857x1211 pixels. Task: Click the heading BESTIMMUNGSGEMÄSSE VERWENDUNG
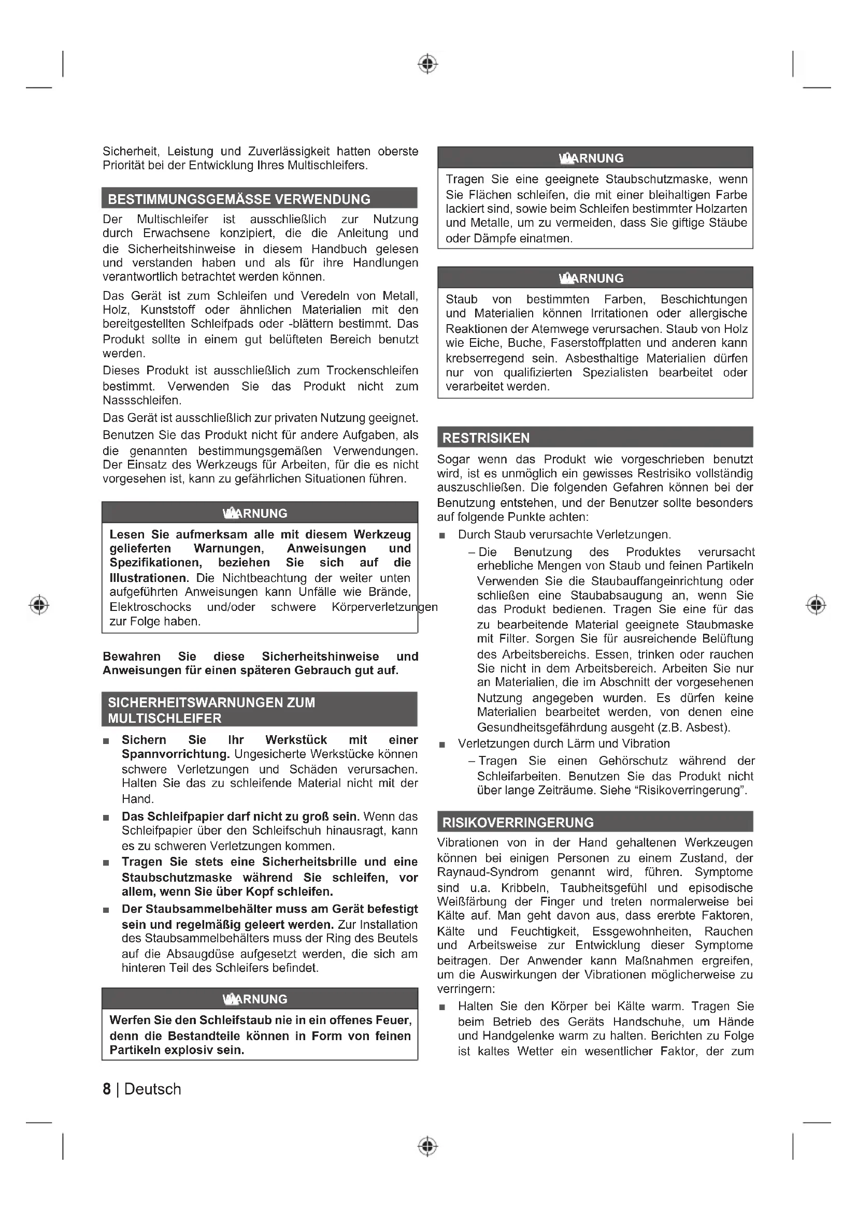pyautogui.click(x=239, y=199)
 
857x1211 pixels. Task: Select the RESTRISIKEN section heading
pyautogui.click(x=485, y=438)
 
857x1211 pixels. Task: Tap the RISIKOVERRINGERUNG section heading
pyautogui.click(x=518, y=822)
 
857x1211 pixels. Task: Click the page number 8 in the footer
pyautogui.click(x=107, y=1089)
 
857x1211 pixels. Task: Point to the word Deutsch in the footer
pyautogui.click(x=152, y=1089)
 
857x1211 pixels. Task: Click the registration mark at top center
pyautogui.click(x=428, y=64)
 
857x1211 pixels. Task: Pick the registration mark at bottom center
pyautogui.click(x=428, y=1146)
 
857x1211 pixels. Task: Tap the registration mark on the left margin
pyautogui.click(x=39, y=604)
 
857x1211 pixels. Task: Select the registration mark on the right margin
pyautogui.click(x=816, y=604)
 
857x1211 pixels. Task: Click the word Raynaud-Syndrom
pyautogui.click(x=488, y=872)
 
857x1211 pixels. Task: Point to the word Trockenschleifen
pyautogui.click(x=372, y=370)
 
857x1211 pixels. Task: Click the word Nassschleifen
pyautogui.click(x=141, y=400)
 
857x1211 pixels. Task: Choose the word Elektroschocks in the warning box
pyautogui.click(x=150, y=607)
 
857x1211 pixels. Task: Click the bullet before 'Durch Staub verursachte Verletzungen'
pyautogui.click(x=442, y=535)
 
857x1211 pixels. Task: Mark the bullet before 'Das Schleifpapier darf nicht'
pyautogui.click(x=106, y=817)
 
